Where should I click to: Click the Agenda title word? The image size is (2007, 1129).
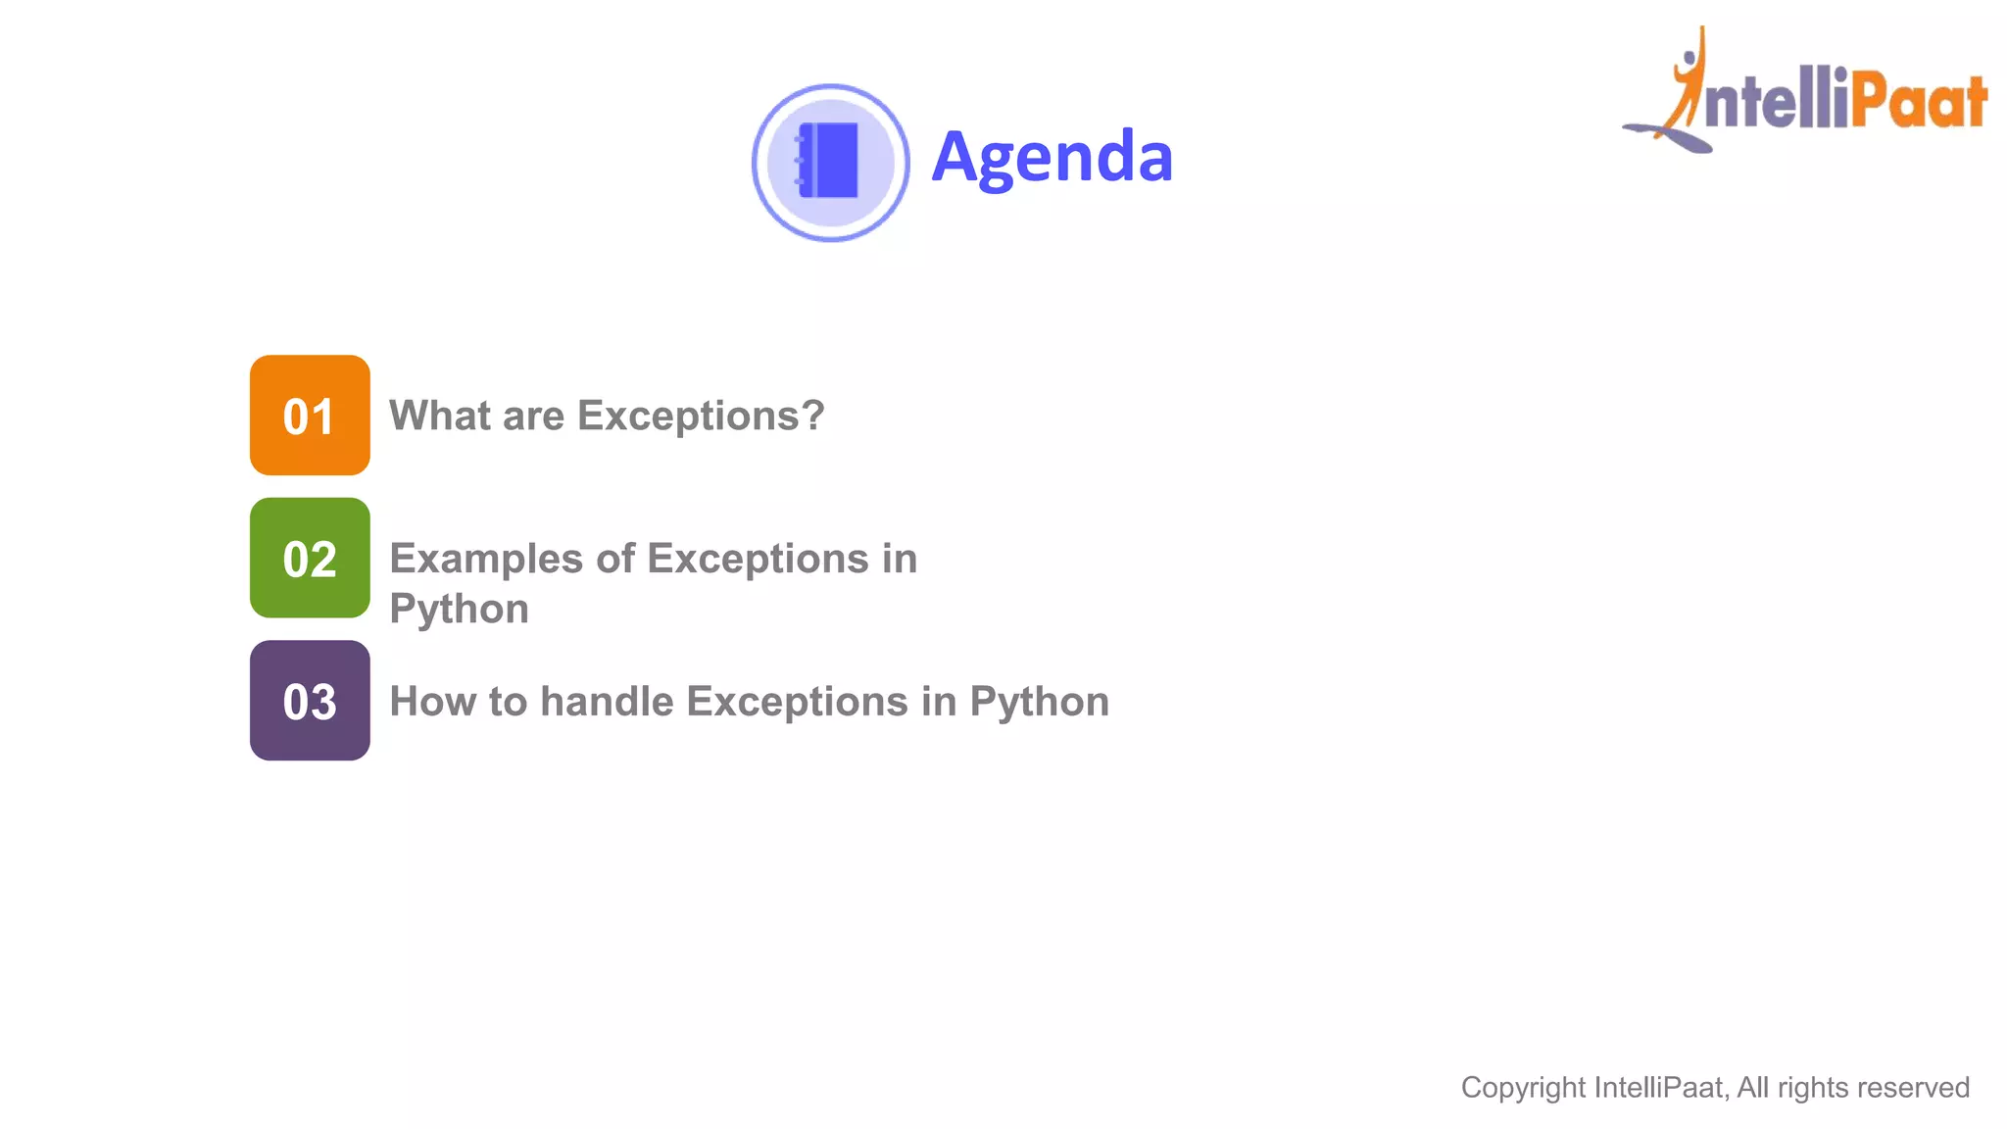point(1052,157)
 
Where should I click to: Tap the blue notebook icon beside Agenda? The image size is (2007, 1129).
point(829,162)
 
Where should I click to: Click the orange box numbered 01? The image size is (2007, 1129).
point(310,416)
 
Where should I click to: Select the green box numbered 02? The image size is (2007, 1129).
point(310,558)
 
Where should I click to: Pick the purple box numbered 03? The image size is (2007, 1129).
point(310,701)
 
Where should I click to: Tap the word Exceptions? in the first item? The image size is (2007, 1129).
point(701,416)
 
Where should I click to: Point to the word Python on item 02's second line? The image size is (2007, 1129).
point(459,609)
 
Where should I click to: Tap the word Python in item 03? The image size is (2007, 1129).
point(1039,702)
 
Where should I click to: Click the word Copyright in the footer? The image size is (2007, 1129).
point(1523,1088)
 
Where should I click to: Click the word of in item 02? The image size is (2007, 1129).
point(615,559)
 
